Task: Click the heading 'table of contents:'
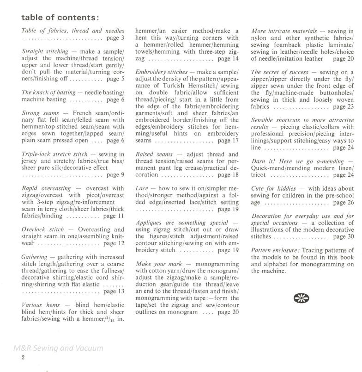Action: pyautogui.click(x=60, y=18)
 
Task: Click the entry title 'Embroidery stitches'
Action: pyautogui.click(x=162, y=73)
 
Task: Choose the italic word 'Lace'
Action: pyautogui.click(x=142, y=189)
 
